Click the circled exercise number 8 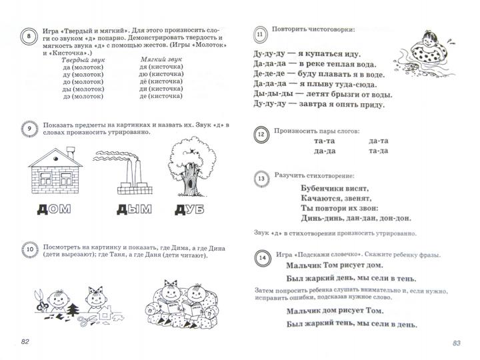29,37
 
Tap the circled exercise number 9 29,129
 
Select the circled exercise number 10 29,250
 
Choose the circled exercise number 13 261,179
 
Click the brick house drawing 56,172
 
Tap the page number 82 27,342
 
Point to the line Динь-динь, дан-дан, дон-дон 351,217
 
